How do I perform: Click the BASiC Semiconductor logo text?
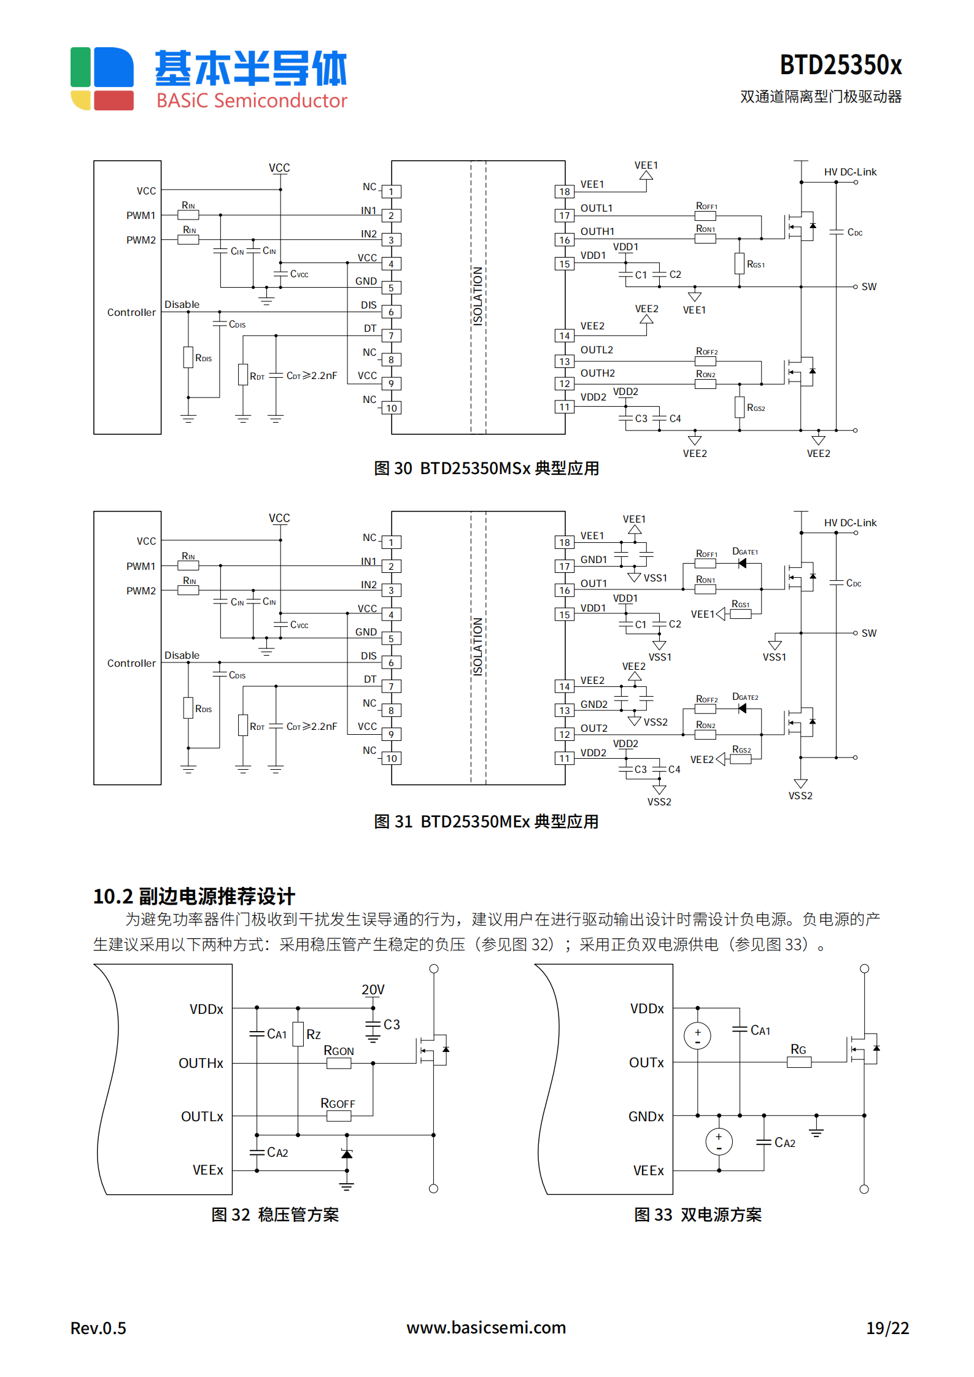(x=251, y=100)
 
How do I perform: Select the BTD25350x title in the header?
(x=840, y=65)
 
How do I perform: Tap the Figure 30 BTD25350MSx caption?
(x=486, y=469)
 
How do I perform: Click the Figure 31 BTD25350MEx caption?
(x=486, y=821)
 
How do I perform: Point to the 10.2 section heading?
(x=194, y=896)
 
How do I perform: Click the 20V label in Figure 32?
(x=373, y=989)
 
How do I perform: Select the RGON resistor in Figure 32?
(x=338, y=1063)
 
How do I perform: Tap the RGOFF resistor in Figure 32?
(x=338, y=1116)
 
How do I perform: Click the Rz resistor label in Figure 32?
(x=313, y=1035)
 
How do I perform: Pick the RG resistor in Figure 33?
(x=798, y=1062)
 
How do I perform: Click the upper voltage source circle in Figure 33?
(x=697, y=1036)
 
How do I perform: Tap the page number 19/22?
(x=887, y=1328)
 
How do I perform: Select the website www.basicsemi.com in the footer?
(x=486, y=1327)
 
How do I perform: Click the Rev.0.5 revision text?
(x=98, y=1328)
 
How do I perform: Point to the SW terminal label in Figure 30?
(x=868, y=286)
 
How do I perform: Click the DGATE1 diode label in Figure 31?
(x=744, y=552)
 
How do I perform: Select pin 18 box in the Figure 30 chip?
(x=564, y=191)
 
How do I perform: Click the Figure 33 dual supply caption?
(x=697, y=1214)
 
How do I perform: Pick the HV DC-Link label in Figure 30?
(x=850, y=172)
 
